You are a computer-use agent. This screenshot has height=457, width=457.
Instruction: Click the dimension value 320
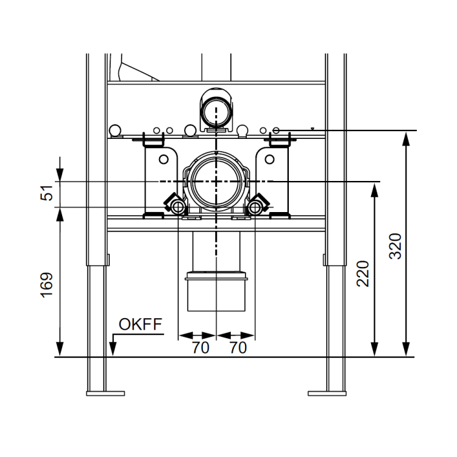point(395,246)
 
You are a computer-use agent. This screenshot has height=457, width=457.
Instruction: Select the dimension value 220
point(363,274)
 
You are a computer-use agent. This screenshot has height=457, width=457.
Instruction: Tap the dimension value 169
point(47,285)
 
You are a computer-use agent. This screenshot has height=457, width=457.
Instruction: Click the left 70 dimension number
point(200,347)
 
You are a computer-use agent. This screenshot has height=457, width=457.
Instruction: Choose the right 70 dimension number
point(238,347)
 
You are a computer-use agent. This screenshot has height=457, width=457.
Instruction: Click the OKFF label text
point(140,324)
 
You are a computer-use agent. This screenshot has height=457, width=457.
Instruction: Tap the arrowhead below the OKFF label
point(113,349)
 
